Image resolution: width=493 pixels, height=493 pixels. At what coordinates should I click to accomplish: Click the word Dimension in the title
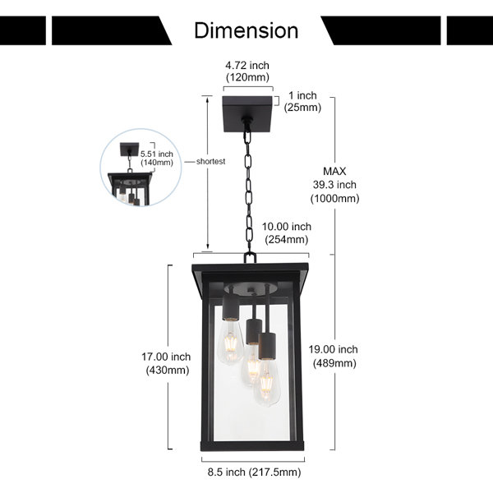coord(246,30)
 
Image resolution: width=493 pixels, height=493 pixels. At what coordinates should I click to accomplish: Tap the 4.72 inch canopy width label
coord(247,66)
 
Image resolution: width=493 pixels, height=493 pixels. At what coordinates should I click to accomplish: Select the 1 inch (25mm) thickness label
coord(302,101)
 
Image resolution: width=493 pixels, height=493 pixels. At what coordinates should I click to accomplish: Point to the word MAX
coord(334,172)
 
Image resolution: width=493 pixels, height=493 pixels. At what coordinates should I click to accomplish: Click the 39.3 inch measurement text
coord(334,185)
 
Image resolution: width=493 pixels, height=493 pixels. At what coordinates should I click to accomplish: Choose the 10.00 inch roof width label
coord(287,227)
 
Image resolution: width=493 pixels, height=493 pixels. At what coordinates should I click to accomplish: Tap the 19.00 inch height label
coord(333,349)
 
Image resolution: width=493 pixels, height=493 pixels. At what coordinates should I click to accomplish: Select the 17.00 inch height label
coord(166,357)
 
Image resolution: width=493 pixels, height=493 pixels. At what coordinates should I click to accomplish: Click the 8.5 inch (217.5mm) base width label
coord(254,472)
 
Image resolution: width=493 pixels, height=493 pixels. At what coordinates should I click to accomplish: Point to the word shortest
coord(210,162)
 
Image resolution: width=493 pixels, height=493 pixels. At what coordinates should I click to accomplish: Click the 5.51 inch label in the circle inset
coord(157,154)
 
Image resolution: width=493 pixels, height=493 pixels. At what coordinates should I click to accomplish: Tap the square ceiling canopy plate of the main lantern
coord(247,114)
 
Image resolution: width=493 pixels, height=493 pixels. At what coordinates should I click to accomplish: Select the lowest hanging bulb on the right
coord(267,385)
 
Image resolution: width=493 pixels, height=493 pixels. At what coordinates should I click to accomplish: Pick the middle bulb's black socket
coord(254,332)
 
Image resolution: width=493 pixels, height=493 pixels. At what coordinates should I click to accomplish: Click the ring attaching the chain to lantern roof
coord(250,258)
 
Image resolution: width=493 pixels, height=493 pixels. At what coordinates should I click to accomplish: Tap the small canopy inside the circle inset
coord(129,149)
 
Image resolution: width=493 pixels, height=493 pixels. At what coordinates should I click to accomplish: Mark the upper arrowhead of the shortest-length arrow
coord(207,99)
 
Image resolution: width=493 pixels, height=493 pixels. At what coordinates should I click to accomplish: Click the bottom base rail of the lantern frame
coord(252,446)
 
